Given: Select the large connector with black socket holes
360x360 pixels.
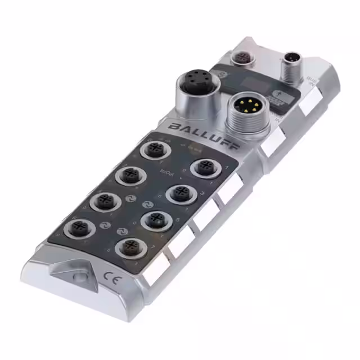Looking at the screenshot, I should [x=195, y=87].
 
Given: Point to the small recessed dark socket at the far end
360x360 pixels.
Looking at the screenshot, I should [x=244, y=57].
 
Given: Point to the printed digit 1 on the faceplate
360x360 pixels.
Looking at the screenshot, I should [x=226, y=168].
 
